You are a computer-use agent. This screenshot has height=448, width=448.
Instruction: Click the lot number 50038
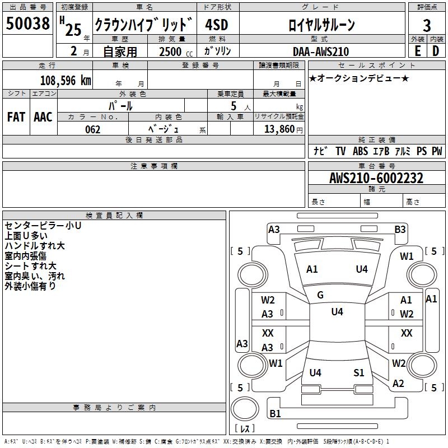click(27, 24)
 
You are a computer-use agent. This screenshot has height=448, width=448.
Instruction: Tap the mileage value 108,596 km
click(66, 80)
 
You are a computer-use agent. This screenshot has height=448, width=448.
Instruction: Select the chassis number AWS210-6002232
click(376, 178)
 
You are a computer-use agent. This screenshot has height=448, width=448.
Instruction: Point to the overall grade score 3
click(427, 25)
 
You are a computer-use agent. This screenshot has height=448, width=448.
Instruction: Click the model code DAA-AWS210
click(320, 52)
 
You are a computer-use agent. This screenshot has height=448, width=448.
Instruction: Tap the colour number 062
click(92, 129)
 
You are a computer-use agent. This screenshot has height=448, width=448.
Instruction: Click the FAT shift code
click(16, 116)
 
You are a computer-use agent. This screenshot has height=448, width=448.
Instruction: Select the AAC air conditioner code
click(43, 116)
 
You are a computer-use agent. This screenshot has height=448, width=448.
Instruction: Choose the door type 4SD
click(217, 25)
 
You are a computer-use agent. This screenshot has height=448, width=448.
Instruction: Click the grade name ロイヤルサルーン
click(321, 25)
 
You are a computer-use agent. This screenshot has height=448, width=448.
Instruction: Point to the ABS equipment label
click(360, 151)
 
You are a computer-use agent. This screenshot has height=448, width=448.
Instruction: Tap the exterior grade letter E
click(417, 51)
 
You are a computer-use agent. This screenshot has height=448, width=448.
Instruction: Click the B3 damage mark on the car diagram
click(400, 229)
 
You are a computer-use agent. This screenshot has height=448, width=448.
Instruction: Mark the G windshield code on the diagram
click(320, 295)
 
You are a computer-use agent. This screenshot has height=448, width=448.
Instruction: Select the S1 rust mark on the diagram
click(358, 373)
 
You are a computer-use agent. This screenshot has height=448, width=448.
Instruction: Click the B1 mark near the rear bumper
click(275, 414)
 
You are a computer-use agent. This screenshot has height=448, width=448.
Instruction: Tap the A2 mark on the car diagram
click(398, 384)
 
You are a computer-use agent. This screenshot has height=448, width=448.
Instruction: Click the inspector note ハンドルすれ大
click(35, 246)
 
